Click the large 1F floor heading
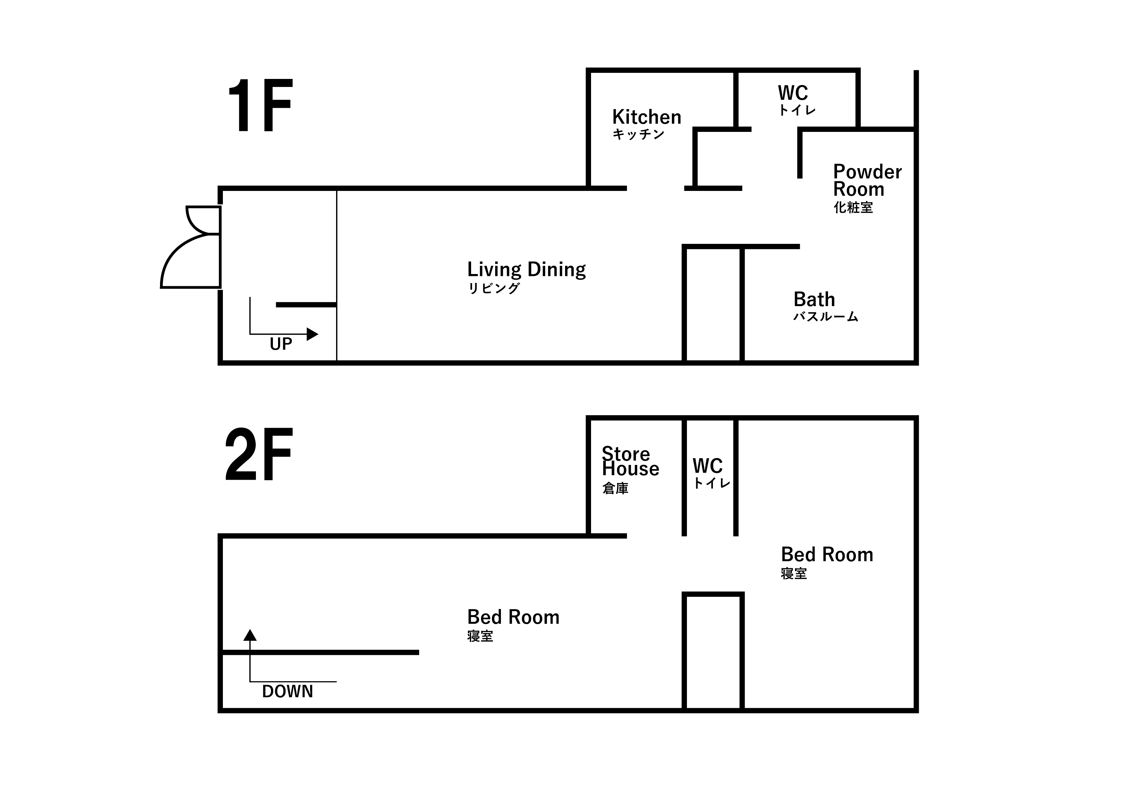260,106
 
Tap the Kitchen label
647,117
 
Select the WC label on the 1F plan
792,93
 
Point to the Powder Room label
867,180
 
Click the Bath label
814,299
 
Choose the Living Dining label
526,269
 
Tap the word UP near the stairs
281,344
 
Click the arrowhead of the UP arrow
312,334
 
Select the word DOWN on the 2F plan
287,691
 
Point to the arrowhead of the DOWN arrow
250,635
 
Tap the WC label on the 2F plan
707,466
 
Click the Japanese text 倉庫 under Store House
615,488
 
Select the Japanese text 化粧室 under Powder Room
853,207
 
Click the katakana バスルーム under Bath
826,316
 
